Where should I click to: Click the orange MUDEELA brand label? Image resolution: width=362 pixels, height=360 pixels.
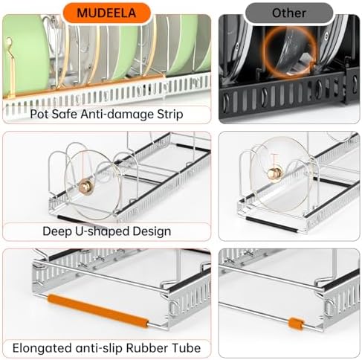pos(106,13)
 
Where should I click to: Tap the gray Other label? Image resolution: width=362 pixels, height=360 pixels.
pos(288,13)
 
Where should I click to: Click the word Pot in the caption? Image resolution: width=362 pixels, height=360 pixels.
pos(39,115)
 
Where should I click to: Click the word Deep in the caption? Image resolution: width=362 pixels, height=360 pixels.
pos(56,231)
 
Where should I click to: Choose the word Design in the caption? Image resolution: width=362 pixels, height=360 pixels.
pos(152,231)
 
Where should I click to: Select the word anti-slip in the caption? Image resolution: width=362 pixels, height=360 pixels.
pos(99,348)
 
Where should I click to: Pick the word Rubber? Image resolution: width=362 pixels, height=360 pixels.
pos(144,348)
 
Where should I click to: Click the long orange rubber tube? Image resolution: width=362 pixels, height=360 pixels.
pos(98,311)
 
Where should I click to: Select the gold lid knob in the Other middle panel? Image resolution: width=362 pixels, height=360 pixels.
pos(275,172)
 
